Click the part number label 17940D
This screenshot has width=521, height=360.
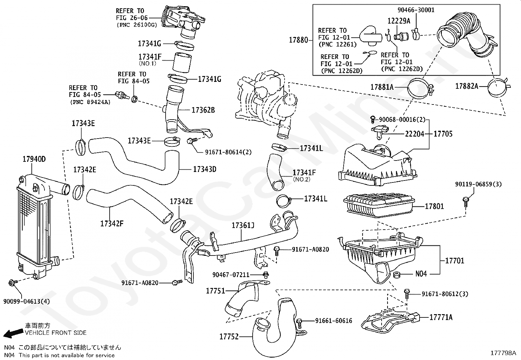coord(34,160)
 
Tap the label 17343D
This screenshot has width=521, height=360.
coord(205,169)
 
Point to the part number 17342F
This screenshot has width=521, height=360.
coord(112,224)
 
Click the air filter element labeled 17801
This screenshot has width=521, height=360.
coord(378,206)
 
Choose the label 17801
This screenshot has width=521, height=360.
coord(434,206)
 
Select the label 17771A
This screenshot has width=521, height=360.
coord(441,317)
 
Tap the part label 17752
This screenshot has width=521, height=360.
coord(229,336)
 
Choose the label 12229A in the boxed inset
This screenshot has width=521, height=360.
coord(399,21)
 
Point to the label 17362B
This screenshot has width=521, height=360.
coord(203,110)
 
